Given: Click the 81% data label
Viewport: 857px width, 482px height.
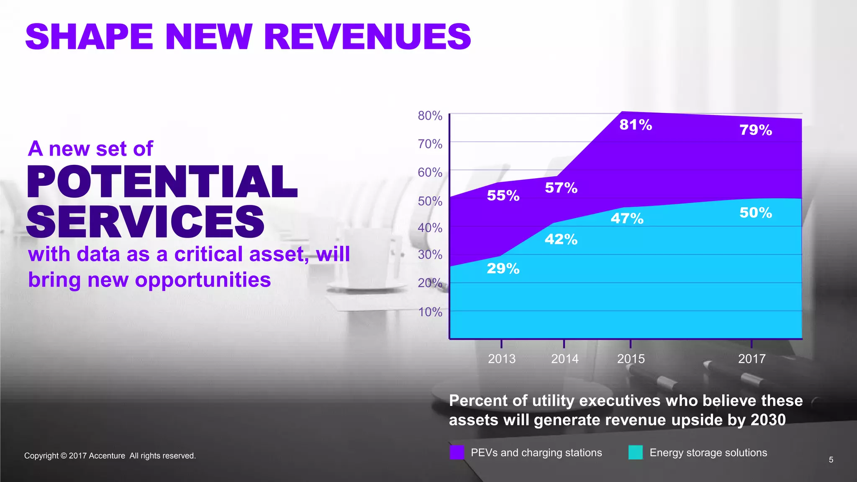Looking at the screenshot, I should (x=636, y=125).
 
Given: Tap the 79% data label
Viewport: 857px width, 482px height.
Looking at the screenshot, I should (x=755, y=130).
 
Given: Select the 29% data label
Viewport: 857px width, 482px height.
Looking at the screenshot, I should (x=503, y=269).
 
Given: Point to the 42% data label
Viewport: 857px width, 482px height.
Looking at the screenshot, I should (x=561, y=239).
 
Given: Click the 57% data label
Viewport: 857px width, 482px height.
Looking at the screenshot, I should (x=561, y=188).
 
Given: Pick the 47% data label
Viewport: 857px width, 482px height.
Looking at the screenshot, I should (x=627, y=218).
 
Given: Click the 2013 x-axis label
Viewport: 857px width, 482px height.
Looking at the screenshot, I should (x=502, y=359).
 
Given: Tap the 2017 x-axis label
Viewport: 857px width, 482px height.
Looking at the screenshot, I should (x=752, y=359).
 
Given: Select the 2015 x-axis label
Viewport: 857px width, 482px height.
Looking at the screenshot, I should (x=631, y=359).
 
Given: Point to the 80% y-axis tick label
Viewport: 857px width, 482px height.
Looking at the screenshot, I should (x=430, y=115).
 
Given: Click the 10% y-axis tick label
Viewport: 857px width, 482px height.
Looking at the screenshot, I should (x=430, y=312).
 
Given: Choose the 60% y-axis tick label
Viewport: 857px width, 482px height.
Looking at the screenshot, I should (x=430, y=172).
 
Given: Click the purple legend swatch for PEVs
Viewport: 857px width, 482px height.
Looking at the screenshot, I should (x=457, y=452).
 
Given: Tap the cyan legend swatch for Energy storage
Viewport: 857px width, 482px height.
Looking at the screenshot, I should (x=635, y=452).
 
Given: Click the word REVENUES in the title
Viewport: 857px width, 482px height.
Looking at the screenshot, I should (x=367, y=37).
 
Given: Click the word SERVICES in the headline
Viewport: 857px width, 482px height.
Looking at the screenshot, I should (x=145, y=221).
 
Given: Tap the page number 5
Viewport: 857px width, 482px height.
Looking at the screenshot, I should (x=831, y=460).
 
